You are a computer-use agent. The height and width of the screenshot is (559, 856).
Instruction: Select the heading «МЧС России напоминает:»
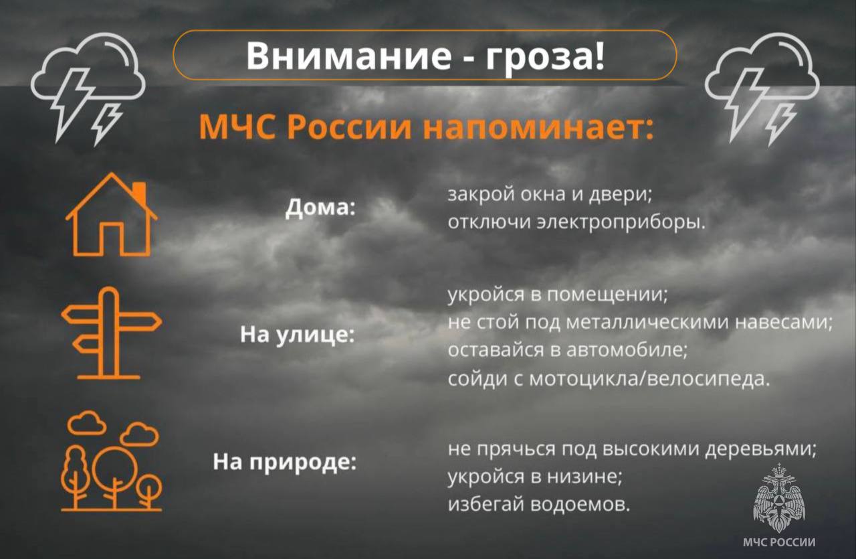pos(425,127)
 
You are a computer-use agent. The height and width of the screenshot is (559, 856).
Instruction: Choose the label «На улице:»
pos(297,335)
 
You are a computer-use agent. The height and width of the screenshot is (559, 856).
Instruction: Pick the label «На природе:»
pos(284,461)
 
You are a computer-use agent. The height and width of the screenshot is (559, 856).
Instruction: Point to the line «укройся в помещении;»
pos(558,295)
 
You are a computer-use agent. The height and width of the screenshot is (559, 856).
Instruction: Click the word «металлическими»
pos(648,323)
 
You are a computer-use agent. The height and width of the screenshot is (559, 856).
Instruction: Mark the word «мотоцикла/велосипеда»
pos(645,379)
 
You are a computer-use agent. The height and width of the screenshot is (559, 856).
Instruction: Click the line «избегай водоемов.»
pos(539,503)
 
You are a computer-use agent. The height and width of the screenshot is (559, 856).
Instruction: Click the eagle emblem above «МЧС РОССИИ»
pos(780,499)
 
